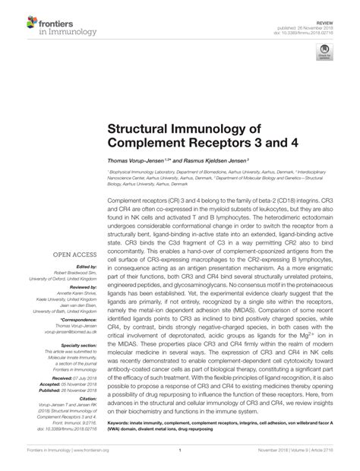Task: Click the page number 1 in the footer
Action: [x=180, y=460]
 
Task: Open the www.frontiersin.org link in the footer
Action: [x=87, y=460]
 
